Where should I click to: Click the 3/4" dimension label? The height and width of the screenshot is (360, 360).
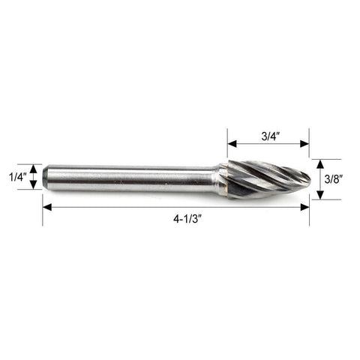[x=271, y=136]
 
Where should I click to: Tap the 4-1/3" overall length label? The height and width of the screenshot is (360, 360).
[x=187, y=219]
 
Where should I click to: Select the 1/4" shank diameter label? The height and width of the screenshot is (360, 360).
[x=18, y=177]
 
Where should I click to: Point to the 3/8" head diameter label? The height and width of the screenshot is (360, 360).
[x=334, y=179]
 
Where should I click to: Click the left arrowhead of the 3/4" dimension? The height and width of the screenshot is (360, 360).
[x=232, y=144]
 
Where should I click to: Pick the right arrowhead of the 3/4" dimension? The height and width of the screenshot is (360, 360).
[x=304, y=144]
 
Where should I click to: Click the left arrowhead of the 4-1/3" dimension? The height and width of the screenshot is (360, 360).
[x=47, y=207]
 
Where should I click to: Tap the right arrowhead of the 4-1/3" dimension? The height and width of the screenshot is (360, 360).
[x=304, y=207]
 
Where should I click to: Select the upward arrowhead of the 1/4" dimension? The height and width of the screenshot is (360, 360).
[x=34, y=169]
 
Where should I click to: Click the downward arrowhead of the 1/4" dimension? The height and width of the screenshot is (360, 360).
[x=34, y=185]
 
